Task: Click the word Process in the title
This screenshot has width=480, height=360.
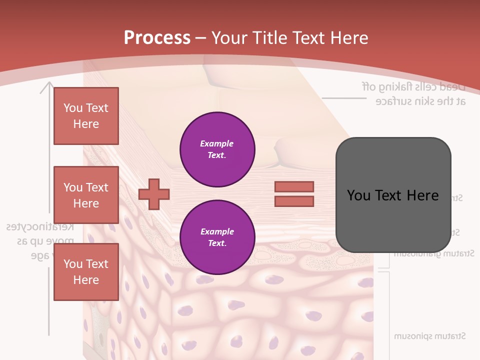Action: (157, 37)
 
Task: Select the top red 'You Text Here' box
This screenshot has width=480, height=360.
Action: (86, 116)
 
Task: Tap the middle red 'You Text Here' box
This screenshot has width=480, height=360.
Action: (86, 195)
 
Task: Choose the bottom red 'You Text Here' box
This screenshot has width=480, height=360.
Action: (86, 272)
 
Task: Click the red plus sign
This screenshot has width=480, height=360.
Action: (154, 194)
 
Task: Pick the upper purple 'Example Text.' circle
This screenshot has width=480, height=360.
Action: (217, 149)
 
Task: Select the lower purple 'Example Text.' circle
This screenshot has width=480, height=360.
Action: (217, 237)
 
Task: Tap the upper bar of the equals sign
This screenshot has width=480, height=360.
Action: (294, 186)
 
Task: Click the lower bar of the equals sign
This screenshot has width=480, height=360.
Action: (294, 201)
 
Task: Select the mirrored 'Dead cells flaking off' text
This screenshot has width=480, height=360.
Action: (413, 86)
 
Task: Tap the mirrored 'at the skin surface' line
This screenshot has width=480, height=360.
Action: (420, 101)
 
